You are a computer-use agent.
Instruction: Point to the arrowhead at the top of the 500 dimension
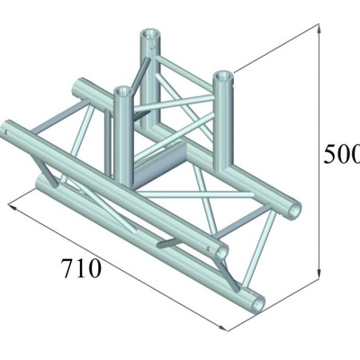point(320,27)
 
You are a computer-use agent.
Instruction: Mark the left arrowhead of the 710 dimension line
point(12,205)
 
